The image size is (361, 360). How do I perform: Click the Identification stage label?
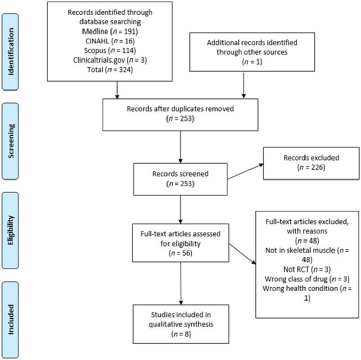click(10, 52)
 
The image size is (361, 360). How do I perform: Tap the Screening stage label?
click(10, 141)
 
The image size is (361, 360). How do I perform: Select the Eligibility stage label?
click(10, 230)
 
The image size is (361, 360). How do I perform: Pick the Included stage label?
click(10, 320)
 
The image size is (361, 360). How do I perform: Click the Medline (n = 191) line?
click(110, 31)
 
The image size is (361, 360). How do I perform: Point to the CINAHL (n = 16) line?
click(110, 41)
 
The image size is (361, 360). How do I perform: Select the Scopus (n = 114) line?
click(110, 50)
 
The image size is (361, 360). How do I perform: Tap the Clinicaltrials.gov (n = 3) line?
click(110, 60)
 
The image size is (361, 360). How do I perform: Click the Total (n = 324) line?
click(110, 70)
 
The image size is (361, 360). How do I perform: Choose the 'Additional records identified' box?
click(252, 52)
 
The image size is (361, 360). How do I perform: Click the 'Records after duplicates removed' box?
click(180, 115)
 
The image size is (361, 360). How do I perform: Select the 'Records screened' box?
click(180, 179)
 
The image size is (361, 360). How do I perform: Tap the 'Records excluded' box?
click(311, 163)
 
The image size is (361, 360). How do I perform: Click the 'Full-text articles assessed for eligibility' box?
click(180, 243)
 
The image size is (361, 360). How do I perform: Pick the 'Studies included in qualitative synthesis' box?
click(181, 324)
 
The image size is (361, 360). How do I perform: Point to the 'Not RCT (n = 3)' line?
click(307, 269)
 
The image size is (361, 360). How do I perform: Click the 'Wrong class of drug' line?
click(307, 279)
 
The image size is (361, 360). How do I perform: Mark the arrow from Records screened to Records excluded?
click(245, 171)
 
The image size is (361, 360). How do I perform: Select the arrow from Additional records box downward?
click(244, 85)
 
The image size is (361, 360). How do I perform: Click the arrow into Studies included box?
click(181, 283)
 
